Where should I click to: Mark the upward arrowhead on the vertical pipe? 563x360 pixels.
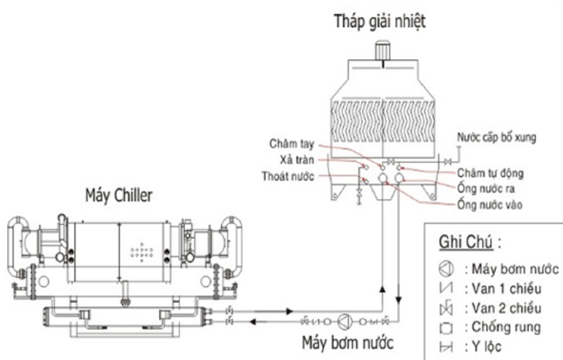tap(382, 288)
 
